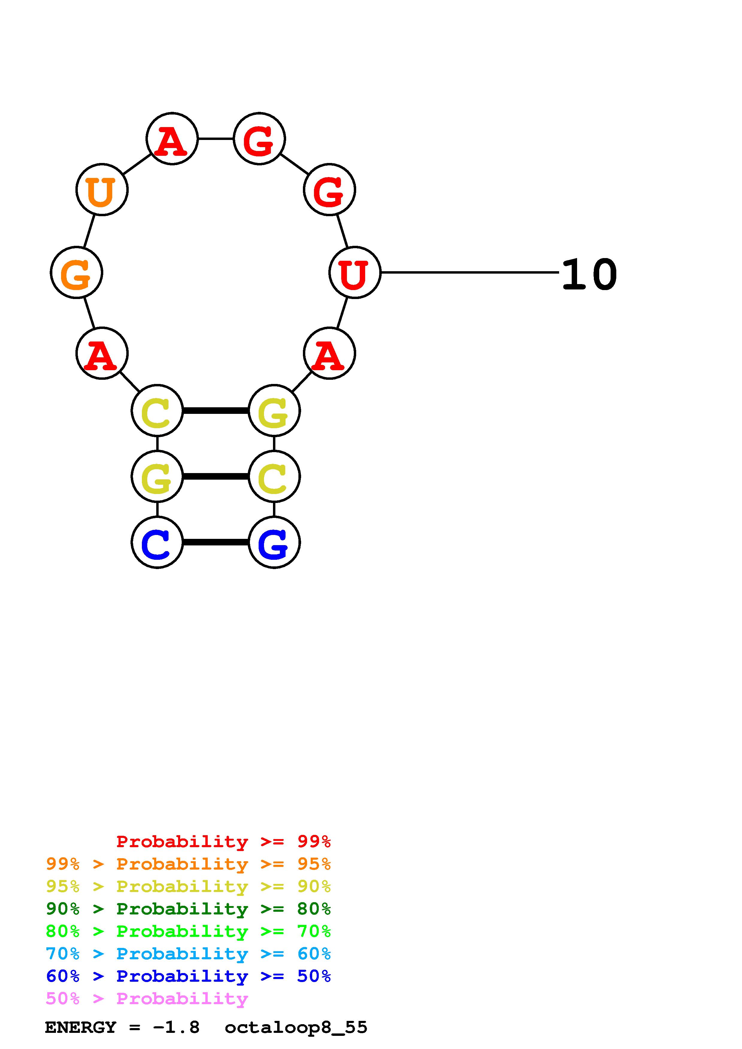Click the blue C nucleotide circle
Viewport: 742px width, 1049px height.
point(157,542)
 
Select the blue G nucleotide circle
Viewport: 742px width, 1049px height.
point(274,542)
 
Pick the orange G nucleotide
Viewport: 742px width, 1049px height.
point(76,273)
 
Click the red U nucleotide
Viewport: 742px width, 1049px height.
point(355,273)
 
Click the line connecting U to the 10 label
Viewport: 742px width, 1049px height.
point(470,272)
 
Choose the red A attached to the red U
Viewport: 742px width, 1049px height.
point(329,353)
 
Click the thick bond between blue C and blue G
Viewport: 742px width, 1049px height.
point(215,542)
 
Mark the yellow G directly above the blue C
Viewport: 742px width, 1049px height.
point(157,477)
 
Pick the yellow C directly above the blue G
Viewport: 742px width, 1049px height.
point(274,477)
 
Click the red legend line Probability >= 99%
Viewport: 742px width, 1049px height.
point(223,841)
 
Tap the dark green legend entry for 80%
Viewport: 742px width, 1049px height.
point(188,909)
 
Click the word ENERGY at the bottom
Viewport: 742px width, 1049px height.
point(81,1027)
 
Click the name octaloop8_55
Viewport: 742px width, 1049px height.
point(296,1027)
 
